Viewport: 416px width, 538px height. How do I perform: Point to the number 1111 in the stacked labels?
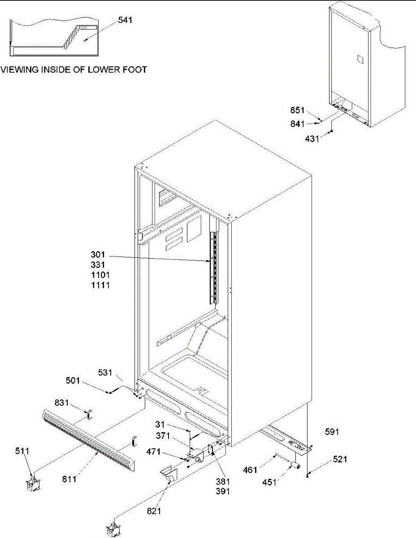[99, 285]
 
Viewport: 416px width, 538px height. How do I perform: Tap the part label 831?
[62, 403]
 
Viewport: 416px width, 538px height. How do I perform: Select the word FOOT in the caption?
[132, 70]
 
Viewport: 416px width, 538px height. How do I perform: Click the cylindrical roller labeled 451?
[295, 466]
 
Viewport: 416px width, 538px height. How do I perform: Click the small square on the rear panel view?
[359, 59]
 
